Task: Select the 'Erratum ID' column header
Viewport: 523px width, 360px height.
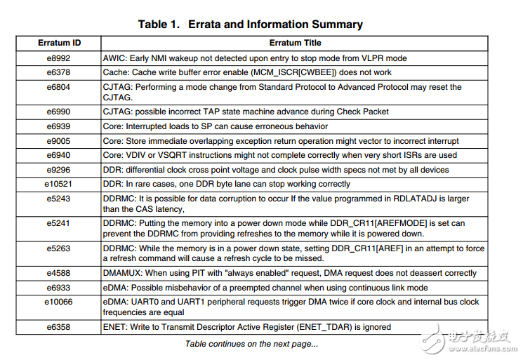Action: point(59,43)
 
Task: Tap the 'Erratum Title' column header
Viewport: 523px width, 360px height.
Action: point(294,43)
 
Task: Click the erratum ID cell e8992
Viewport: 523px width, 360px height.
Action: point(59,58)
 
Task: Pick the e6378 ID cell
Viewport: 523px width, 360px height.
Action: point(59,72)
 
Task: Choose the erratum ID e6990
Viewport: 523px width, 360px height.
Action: point(59,112)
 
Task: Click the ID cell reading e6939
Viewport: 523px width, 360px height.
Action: point(59,126)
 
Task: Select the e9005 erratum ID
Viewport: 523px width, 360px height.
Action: point(59,141)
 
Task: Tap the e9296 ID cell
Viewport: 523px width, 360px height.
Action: point(59,169)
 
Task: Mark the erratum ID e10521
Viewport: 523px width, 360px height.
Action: point(59,184)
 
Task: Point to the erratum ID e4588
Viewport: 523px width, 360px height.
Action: point(59,273)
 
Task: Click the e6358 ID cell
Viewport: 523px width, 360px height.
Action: point(59,327)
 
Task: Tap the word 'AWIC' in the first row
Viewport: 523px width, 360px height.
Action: point(114,58)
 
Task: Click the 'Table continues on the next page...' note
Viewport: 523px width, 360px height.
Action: point(251,344)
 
